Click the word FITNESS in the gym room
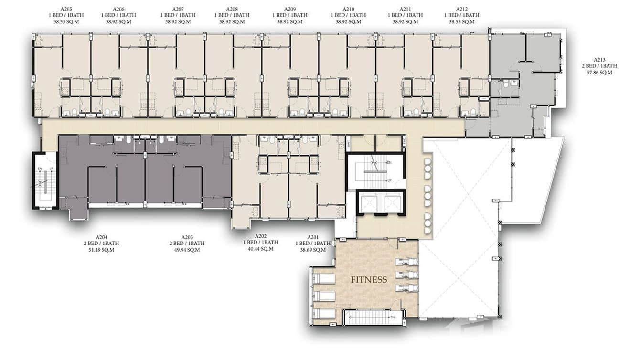point(369,280)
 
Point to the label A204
point(101,237)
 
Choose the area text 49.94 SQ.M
point(187,250)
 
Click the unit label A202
point(260,236)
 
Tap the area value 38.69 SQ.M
point(313,250)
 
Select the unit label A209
point(289,9)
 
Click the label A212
point(462,9)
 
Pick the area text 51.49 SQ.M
point(101,250)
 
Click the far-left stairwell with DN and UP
point(45,180)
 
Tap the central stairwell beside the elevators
point(375,171)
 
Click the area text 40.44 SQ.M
point(260,249)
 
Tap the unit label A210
point(348,9)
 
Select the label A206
point(118,9)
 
